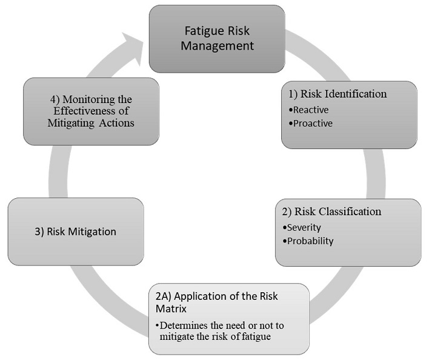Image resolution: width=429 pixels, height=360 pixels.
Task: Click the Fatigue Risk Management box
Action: [x=217, y=38]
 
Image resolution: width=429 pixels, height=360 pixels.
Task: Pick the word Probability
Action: [x=311, y=241]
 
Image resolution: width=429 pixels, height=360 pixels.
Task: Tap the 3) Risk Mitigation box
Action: [x=76, y=232]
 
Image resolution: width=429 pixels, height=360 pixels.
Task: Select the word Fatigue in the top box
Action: [x=202, y=30]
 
